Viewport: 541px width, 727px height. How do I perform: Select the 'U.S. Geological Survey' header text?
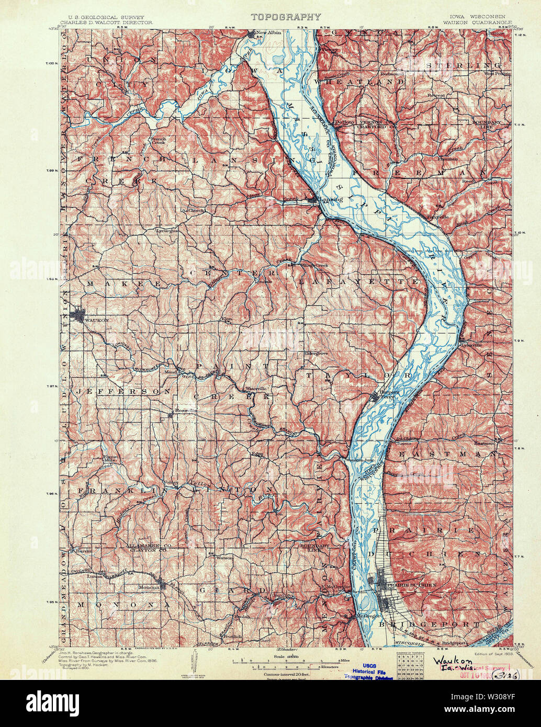coord(102,17)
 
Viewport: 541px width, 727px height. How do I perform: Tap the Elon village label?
coord(227,319)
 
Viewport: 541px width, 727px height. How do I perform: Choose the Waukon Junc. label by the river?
coord(360,460)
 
